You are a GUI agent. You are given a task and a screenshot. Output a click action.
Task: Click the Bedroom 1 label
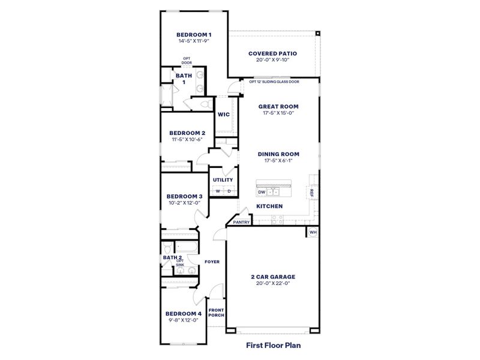coord(194,35)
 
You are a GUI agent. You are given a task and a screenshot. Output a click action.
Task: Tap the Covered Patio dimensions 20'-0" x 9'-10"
coord(272,60)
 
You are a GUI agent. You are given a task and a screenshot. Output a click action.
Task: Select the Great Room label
coord(278,106)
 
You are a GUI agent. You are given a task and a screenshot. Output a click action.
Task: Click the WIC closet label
coord(224,115)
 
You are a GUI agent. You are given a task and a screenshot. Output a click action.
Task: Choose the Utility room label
coord(223,179)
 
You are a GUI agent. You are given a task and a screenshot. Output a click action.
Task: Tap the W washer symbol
coord(218,191)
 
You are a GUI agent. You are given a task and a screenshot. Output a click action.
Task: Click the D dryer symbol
coord(229,191)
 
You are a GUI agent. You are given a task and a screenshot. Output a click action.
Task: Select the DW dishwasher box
coord(262,192)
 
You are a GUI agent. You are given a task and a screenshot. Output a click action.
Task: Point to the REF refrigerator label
coord(311,192)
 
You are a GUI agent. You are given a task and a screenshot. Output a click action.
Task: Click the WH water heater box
coord(313,232)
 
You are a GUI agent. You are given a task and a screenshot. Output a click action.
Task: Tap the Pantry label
coord(241,222)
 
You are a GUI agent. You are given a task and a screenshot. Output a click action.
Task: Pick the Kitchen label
coord(269,206)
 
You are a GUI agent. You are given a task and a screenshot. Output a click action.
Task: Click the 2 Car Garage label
coord(273,277)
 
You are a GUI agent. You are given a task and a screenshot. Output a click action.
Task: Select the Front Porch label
coord(216,313)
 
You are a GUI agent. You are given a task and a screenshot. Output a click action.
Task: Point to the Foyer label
coord(212,262)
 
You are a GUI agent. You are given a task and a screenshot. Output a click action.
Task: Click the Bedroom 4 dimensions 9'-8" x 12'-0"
coord(183,320)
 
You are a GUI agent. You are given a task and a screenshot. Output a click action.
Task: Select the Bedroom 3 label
coord(184,196)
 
